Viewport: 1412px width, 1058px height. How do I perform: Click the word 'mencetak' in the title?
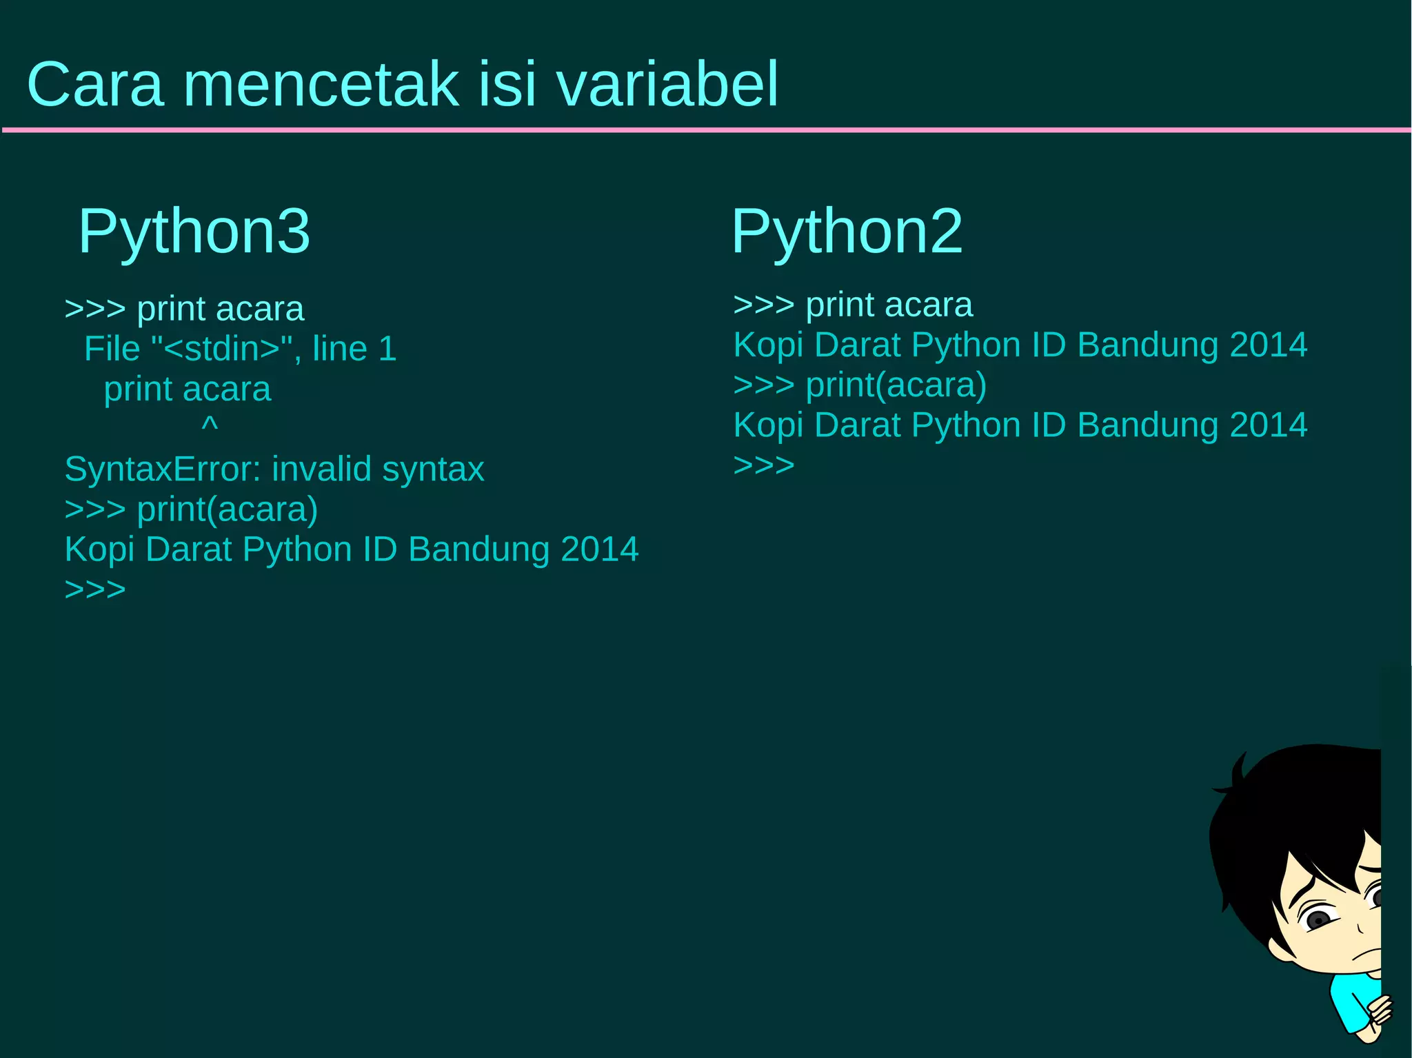click(321, 84)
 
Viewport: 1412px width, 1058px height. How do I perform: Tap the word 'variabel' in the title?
click(667, 84)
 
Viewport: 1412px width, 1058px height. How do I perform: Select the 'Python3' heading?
click(194, 231)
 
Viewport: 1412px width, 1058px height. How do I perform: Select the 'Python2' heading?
click(847, 231)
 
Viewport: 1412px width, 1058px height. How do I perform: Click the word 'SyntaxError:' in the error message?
click(162, 469)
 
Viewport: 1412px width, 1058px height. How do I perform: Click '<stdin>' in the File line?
click(222, 349)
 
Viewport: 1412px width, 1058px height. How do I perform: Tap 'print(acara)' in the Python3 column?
click(228, 509)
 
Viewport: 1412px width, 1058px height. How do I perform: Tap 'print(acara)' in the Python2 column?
click(896, 385)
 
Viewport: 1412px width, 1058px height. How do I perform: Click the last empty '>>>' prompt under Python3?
click(95, 590)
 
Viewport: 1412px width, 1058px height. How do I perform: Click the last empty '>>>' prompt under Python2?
click(764, 465)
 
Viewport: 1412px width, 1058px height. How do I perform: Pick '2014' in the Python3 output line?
click(600, 549)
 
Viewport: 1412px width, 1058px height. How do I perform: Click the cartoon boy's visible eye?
click(1318, 919)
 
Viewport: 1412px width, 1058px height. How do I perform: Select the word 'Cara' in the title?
click(95, 84)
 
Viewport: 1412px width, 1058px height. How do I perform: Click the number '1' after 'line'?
click(387, 349)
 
